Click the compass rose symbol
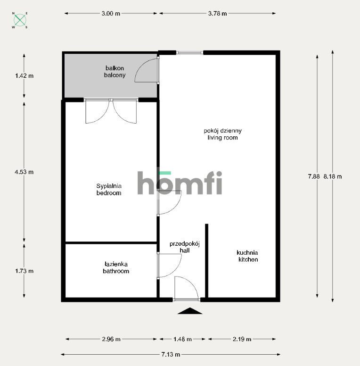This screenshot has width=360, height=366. point(20,20)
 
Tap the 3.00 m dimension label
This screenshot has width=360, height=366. point(111,14)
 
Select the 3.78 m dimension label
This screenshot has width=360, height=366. point(217,14)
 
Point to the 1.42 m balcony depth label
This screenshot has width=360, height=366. point(24,75)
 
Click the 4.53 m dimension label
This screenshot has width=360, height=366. point(24,172)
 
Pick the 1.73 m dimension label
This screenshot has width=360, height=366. point(24,271)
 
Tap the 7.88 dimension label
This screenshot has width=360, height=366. point(314,176)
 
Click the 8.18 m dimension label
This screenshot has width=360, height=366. point(333,176)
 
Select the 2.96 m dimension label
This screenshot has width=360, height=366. point(111,339)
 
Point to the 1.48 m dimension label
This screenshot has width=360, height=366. point(182,339)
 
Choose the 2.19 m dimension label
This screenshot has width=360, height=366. point(242,339)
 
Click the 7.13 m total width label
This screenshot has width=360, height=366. point(171,354)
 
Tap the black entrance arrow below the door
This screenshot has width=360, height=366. point(190,311)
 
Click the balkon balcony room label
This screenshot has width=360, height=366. point(115,72)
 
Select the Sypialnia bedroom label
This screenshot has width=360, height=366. point(109,189)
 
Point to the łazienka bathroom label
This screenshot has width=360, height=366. point(116,267)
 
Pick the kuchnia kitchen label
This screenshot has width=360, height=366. point(247,256)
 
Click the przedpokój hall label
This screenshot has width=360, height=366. point(185,247)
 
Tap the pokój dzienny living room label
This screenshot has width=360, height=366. point(223,134)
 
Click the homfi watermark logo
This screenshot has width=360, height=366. point(180,183)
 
